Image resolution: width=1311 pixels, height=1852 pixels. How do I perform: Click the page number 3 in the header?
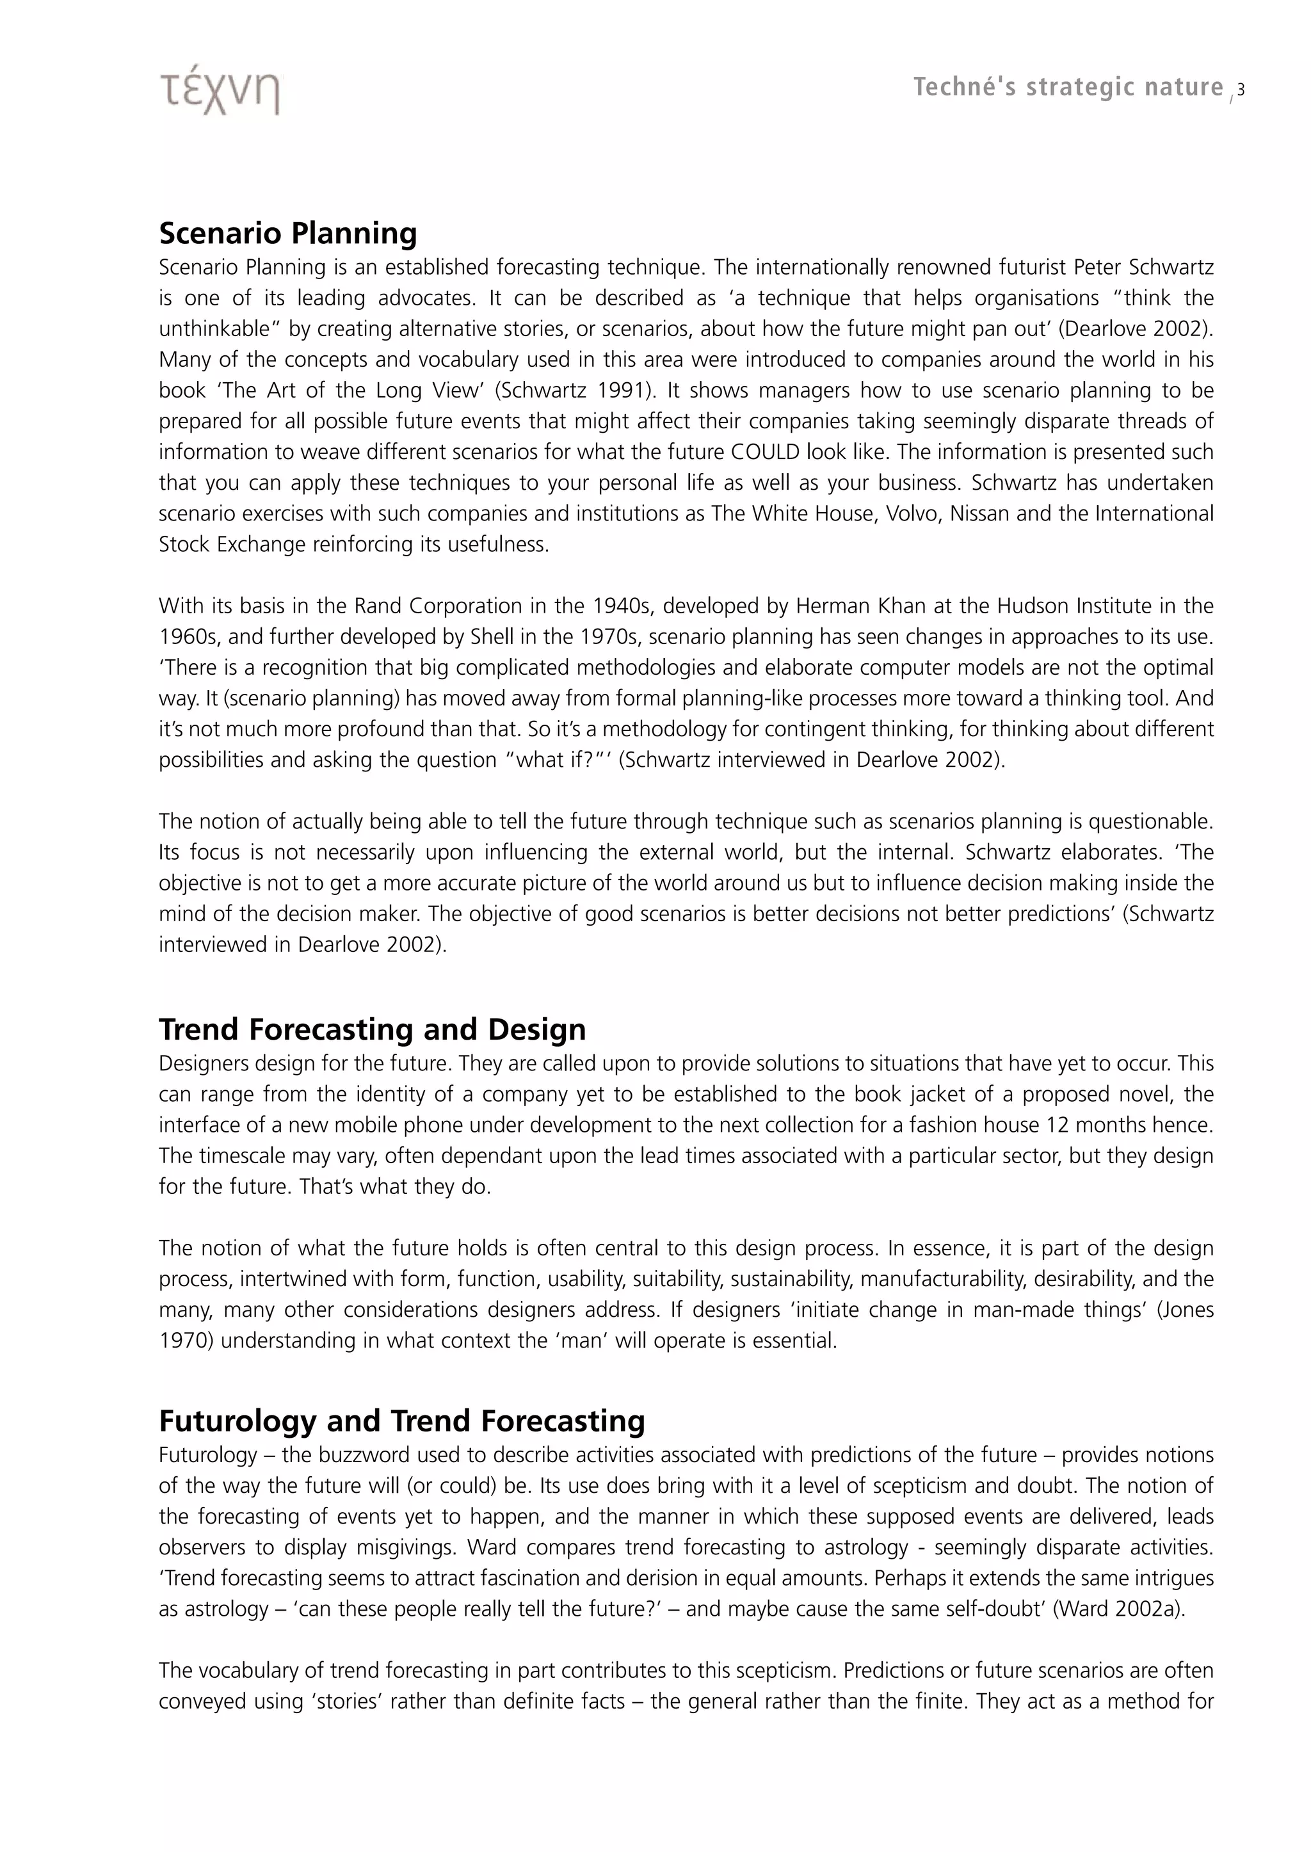tap(1241, 90)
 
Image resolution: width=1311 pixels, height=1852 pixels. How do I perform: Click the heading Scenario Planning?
tap(287, 232)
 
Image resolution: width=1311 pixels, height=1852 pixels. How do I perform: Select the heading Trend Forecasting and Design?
tap(372, 1029)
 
